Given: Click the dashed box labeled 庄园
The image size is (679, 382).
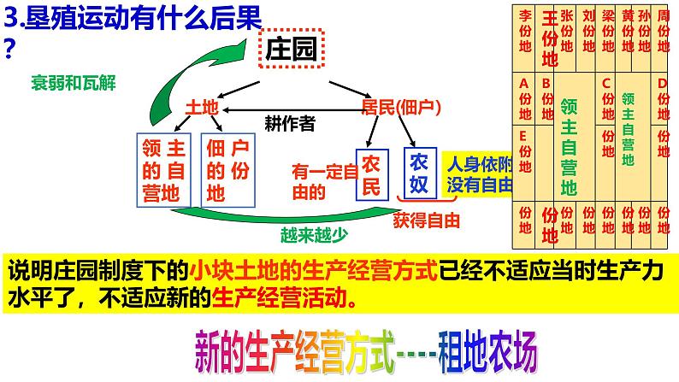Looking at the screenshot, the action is (292, 49).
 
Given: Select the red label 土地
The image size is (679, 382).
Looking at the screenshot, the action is (203, 107).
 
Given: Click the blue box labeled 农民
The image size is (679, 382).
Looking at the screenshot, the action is (371, 173).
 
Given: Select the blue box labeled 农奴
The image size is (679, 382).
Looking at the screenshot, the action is (419, 173).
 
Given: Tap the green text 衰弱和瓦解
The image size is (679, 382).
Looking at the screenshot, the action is (72, 83).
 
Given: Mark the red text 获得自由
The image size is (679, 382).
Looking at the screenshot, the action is (427, 220).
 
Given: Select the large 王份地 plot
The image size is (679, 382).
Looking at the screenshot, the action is (550, 38).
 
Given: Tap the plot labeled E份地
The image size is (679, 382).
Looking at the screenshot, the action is (525, 150).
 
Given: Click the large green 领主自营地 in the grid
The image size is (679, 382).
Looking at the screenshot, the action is (569, 145).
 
